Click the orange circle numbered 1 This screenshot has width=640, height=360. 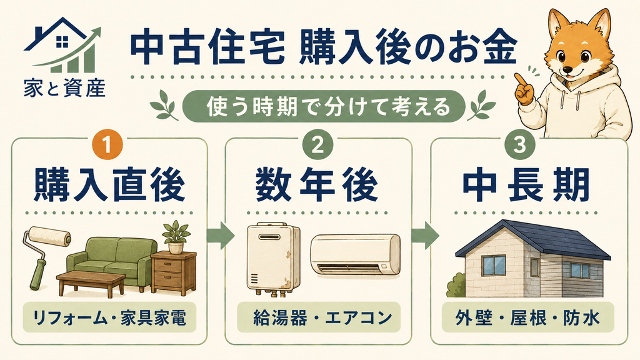[107, 144]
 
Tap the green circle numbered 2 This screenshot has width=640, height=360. [318, 144]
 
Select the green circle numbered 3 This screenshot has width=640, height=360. [519, 144]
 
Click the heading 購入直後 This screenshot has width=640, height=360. [109, 186]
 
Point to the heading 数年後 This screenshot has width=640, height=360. [317, 186]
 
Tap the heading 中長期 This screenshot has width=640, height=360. [526, 186]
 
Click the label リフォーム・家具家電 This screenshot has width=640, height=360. [109, 317]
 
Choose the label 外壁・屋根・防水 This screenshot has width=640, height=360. [527, 317]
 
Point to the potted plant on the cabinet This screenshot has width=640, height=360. [176, 237]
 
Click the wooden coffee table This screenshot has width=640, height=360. [91, 282]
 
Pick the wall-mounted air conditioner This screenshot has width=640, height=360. [356, 254]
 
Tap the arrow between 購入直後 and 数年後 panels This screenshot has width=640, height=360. [221, 236]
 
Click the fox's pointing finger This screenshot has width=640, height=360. [519, 81]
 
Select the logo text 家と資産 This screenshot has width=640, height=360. [64, 87]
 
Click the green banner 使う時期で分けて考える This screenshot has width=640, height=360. [323, 106]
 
